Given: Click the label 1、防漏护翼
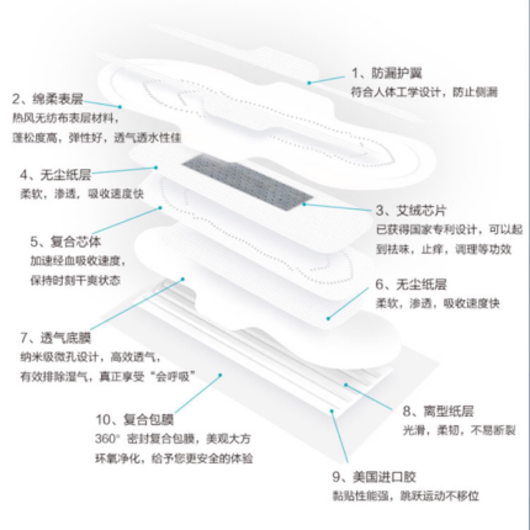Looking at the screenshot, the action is (x=387, y=73).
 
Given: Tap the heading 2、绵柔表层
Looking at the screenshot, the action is (x=47, y=99).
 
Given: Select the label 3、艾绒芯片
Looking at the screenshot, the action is (x=411, y=210).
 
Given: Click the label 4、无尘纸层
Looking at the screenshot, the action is (x=56, y=175).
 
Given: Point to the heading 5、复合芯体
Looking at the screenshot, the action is (x=66, y=241).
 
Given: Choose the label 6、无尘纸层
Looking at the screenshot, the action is (x=411, y=284).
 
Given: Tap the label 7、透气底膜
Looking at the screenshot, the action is (x=56, y=337).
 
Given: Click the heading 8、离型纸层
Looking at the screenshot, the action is (x=438, y=411).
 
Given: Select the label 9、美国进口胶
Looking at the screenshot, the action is (x=374, y=477).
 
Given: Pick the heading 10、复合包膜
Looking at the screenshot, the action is (x=134, y=419).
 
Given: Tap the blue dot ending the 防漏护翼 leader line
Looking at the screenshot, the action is (x=309, y=83).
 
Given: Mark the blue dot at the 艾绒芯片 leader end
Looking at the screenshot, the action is (x=304, y=204).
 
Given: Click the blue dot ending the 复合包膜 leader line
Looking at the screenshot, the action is (x=220, y=375).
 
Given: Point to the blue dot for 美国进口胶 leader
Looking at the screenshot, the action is (x=332, y=411).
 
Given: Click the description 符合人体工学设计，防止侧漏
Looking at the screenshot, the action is (x=424, y=92).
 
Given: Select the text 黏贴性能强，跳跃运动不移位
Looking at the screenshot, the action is (x=406, y=496).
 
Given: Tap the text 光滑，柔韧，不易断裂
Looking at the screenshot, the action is (x=459, y=430).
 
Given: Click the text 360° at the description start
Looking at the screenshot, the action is (x=107, y=439).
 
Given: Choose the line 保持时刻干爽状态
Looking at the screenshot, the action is (x=75, y=280).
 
